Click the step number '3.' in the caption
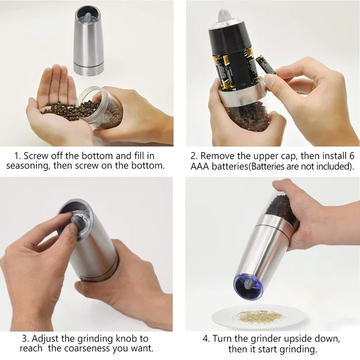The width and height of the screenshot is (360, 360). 25,338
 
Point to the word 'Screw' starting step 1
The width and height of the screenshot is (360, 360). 35,156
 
